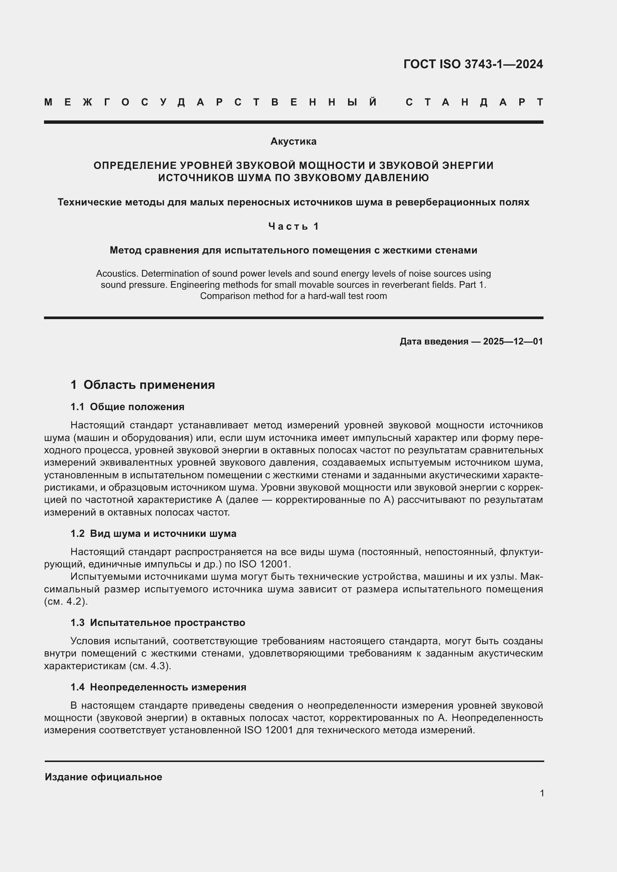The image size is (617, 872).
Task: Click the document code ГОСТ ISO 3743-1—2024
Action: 473,64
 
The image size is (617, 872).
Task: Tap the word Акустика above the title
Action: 293,141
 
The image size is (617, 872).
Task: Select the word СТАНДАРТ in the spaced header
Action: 475,102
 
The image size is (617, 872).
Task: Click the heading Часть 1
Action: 293,226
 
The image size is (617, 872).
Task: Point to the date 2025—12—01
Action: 513,341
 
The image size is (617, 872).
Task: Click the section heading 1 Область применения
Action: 143,385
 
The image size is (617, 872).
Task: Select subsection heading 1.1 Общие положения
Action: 127,407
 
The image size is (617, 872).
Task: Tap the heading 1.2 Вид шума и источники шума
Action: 153,533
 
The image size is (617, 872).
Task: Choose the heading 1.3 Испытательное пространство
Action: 158,623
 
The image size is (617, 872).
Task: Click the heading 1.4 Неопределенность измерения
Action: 158,687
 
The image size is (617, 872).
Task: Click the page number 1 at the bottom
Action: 542,793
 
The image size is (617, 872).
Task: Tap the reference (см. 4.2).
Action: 66,602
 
